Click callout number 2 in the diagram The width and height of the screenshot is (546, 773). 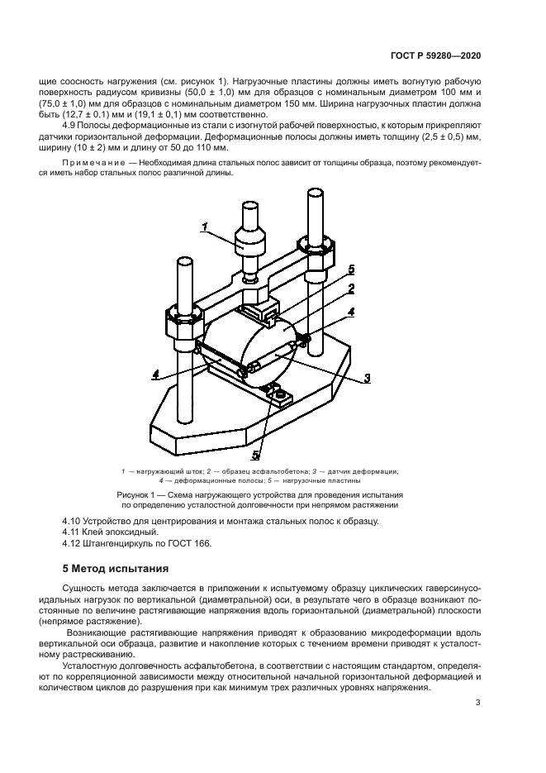pos(352,289)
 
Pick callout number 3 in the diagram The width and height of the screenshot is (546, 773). pos(366,378)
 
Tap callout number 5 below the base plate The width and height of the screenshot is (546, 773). pos(256,454)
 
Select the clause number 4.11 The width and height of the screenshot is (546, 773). pos(74,532)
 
